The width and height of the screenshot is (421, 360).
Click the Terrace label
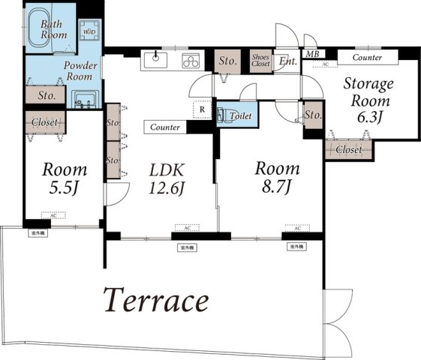coord(155,301)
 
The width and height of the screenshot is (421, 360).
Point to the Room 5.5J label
coord(63,177)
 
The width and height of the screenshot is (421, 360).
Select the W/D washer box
coord(89,31)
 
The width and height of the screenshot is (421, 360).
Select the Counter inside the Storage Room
coord(367,57)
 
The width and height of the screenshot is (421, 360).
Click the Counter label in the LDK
coord(165,127)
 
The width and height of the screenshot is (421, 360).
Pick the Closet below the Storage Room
coord(349,149)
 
